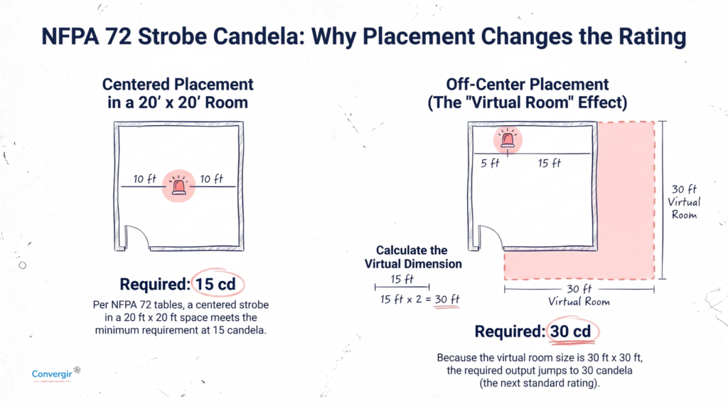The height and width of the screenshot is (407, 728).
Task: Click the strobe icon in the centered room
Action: pyautogui.click(x=178, y=186)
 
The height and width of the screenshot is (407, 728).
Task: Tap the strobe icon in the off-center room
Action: pyautogui.click(x=508, y=139)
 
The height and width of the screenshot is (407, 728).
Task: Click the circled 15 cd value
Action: pyautogui.click(x=215, y=284)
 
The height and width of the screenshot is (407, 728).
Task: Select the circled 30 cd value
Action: pyautogui.click(x=571, y=332)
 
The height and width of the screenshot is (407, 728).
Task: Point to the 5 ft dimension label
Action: pyautogui.click(x=490, y=163)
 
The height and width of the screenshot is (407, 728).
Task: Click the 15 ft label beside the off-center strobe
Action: pyautogui.click(x=550, y=163)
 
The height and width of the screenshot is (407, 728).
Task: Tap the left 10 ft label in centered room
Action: pyautogui.click(x=145, y=179)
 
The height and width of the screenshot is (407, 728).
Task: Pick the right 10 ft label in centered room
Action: pyautogui.click(x=212, y=179)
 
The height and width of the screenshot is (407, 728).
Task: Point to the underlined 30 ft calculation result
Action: pyautogui.click(x=447, y=300)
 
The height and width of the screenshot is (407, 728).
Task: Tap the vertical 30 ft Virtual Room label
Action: pyautogui.click(x=685, y=201)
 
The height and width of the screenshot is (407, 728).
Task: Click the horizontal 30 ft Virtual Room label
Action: pyautogui.click(x=579, y=295)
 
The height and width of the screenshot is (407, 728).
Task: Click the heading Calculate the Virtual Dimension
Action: pyautogui.click(x=413, y=257)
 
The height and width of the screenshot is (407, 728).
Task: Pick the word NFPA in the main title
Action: pyautogui.click(x=70, y=37)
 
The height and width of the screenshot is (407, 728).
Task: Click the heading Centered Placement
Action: pyautogui.click(x=178, y=85)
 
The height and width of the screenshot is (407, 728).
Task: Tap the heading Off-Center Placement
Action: pyautogui.click(x=528, y=85)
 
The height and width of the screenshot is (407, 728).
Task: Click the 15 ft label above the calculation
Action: pyautogui.click(x=402, y=279)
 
